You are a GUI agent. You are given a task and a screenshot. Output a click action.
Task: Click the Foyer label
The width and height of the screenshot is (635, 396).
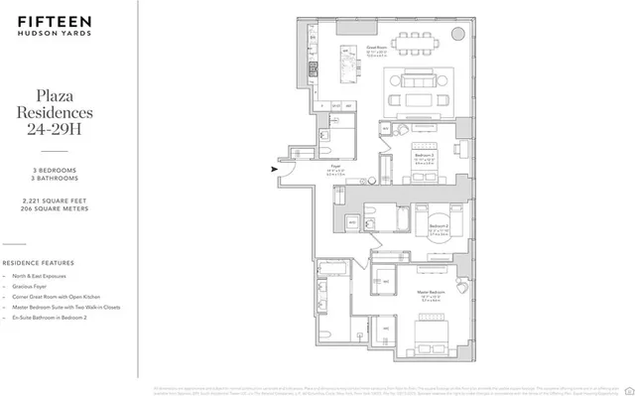click(334, 169)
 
